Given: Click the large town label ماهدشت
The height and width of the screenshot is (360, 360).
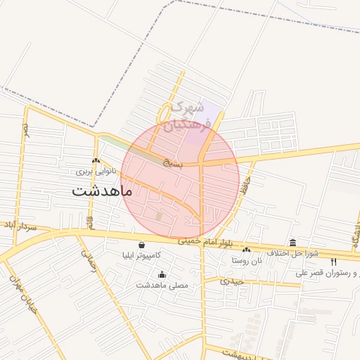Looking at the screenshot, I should [x=102, y=191].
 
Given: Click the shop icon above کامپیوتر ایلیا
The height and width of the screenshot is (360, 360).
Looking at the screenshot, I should [x=142, y=245].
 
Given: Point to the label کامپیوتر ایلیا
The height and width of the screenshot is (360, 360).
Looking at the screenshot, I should [x=143, y=255].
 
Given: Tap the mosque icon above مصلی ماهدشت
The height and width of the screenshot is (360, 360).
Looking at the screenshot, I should [x=162, y=275].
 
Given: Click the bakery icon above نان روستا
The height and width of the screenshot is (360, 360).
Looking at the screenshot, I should [x=246, y=250].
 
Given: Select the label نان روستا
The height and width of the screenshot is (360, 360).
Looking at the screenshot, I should [x=247, y=260].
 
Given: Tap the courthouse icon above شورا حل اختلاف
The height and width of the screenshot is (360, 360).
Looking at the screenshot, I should [x=292, y=243].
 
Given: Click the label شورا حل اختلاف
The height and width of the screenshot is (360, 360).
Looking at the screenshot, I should [x=293, y=252].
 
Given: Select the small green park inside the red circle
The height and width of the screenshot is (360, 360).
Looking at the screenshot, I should [x=159, y=215].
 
